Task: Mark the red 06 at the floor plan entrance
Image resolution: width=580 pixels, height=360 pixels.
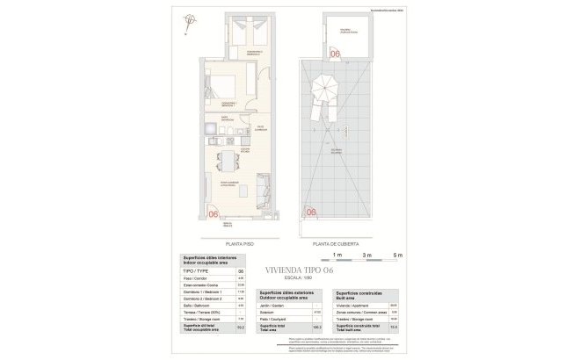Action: tap(214, 213)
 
